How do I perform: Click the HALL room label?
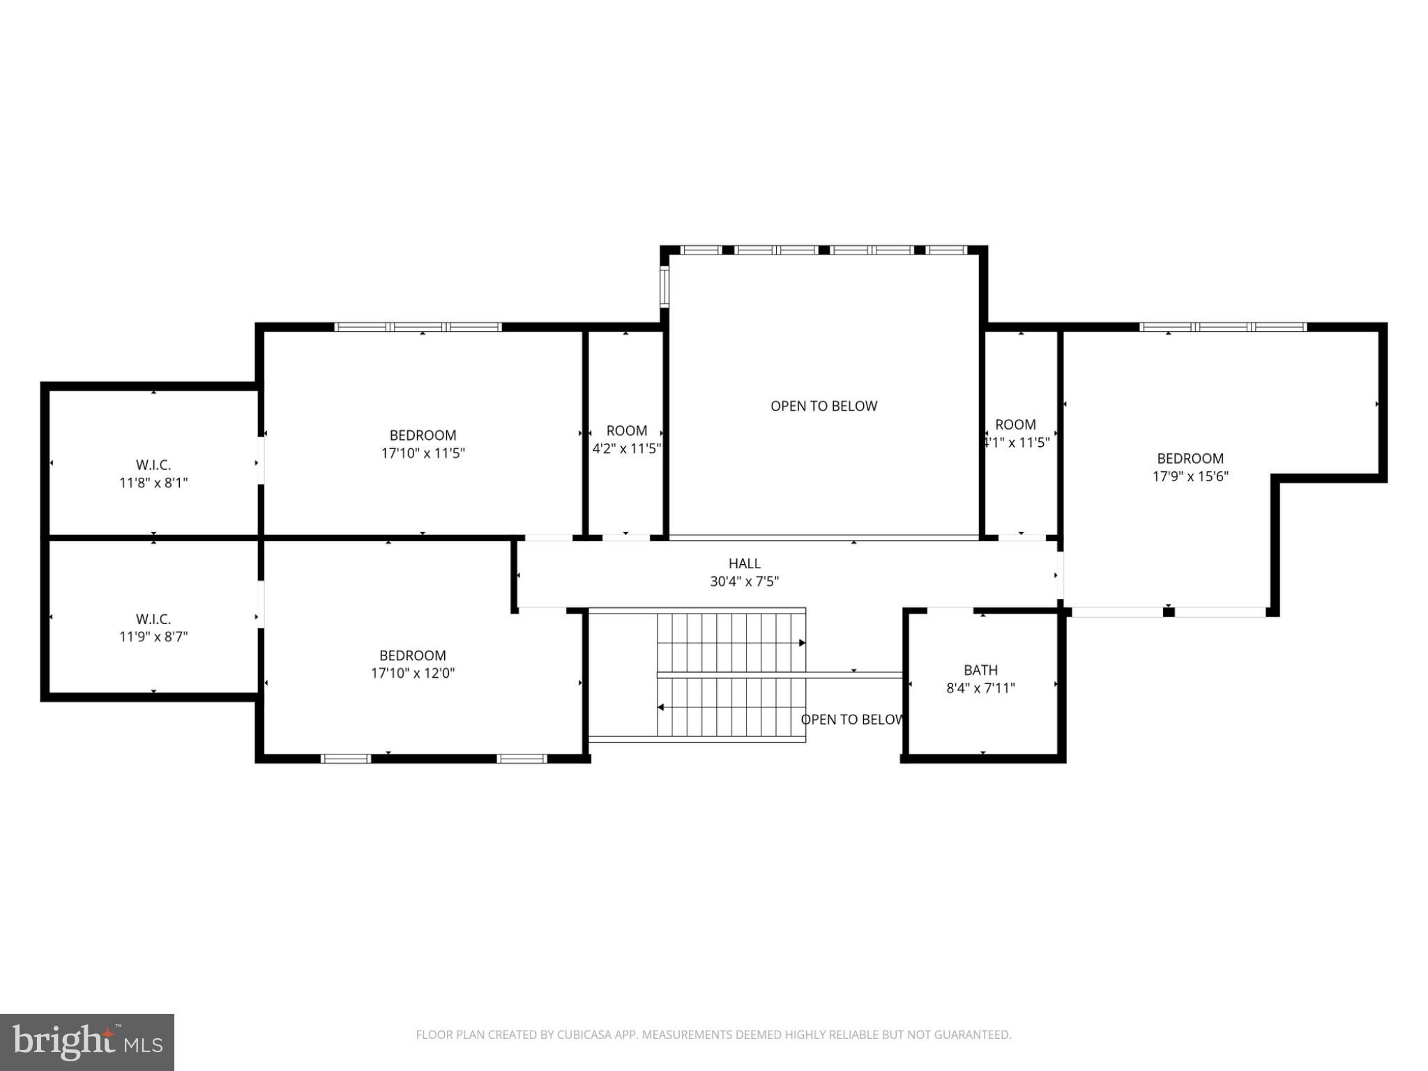point(745,563)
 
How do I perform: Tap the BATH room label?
point(980,670)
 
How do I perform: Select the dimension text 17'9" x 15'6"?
point(1190,476)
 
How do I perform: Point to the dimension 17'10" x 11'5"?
point(423,453)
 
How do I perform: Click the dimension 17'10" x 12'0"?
point(413,673)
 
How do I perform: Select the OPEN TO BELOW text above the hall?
point(823,406)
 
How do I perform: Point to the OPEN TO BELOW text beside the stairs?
point(852,720)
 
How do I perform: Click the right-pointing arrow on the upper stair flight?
point(802,643)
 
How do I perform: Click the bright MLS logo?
point(87,1042)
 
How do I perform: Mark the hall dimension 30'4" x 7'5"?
point(745,582)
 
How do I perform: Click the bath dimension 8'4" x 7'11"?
point(980,688)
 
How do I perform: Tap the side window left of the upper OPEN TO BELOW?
point(664,287)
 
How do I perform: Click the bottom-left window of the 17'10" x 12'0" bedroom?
point(346,759)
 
